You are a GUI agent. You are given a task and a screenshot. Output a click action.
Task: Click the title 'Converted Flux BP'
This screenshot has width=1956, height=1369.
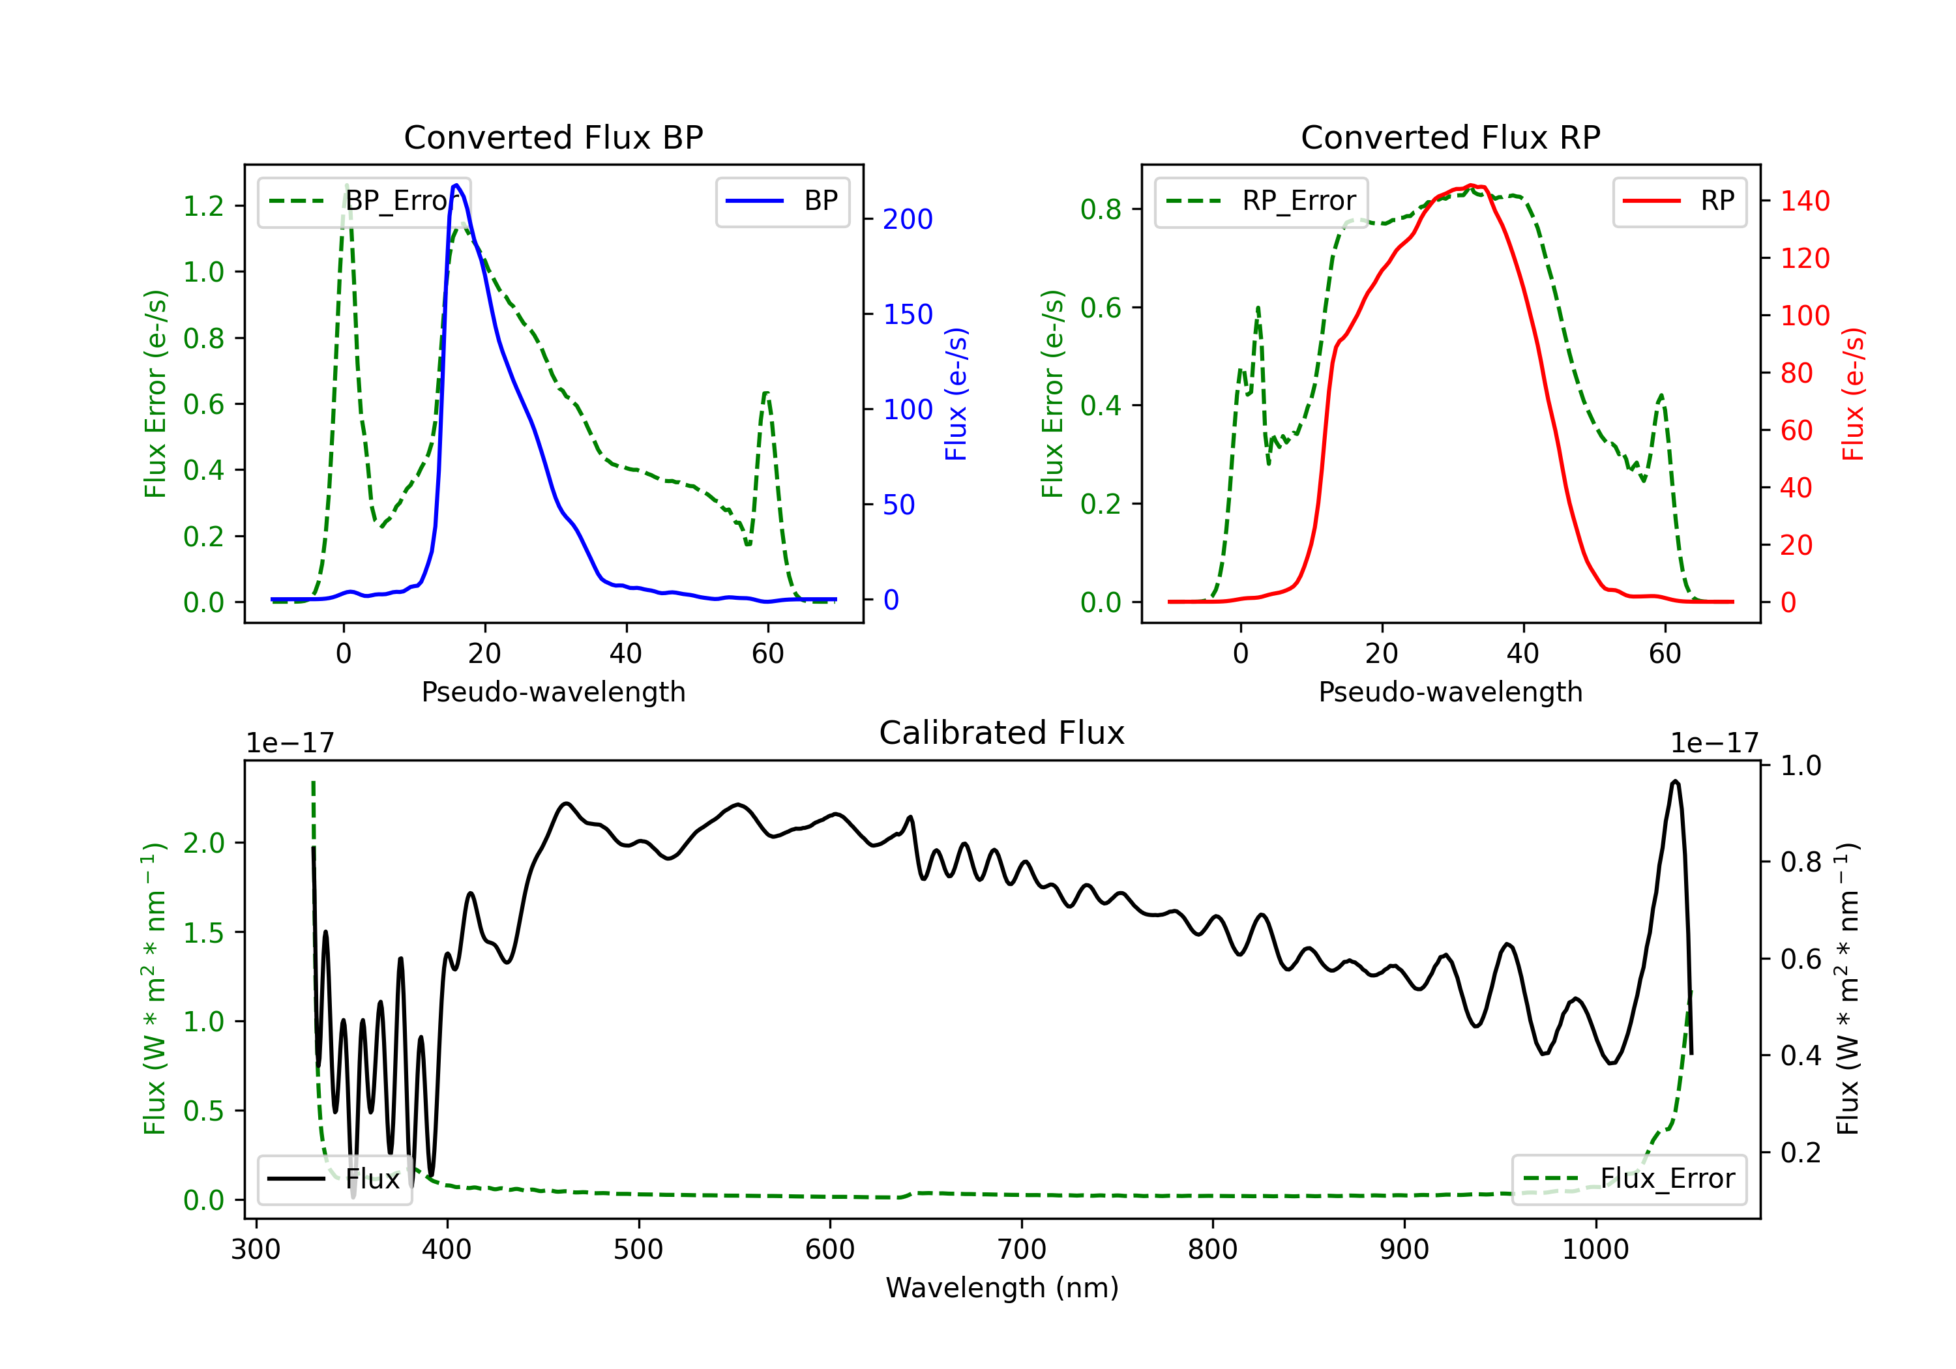(x=553, y=137)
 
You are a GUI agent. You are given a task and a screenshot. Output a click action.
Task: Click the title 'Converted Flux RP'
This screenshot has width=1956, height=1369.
(x=1450, y=137)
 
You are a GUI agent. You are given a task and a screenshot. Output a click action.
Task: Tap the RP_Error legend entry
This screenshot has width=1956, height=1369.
(x=1261, y=201)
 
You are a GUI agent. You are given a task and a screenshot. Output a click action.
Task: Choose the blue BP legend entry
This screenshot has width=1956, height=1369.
(x=782, y=201)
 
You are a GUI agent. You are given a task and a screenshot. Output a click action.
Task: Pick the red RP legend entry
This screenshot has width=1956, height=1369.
(x=1679, y=201)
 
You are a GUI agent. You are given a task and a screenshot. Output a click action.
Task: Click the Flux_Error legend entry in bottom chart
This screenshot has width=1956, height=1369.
(x=1629, y=1179)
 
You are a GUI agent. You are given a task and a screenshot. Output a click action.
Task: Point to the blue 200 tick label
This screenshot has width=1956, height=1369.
(x=908, y=220)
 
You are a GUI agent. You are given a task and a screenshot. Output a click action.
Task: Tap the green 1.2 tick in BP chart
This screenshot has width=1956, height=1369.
(x=203, y=206)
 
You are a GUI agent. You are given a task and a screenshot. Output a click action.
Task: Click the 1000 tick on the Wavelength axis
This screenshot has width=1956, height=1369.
(x=1595, y=1250)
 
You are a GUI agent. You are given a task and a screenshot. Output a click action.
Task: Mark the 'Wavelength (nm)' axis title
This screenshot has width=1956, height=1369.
(x=1002, y=1288)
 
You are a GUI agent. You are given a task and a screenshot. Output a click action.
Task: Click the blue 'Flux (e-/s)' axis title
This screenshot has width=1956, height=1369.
(x=956, y=394)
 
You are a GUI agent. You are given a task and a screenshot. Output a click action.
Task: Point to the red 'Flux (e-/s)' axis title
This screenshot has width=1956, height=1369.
(x=1853, y=394)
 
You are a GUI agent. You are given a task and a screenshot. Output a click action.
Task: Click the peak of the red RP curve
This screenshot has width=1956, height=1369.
(x=1472, y=185)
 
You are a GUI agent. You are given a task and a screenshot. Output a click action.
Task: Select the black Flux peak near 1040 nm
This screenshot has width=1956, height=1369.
(x=1675, y=780)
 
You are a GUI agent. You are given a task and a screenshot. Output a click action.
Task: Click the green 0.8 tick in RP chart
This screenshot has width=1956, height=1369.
(x=1101, y=209)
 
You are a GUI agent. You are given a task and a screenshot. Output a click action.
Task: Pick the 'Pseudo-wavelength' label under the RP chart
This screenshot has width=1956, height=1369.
(x=1450, y=692)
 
